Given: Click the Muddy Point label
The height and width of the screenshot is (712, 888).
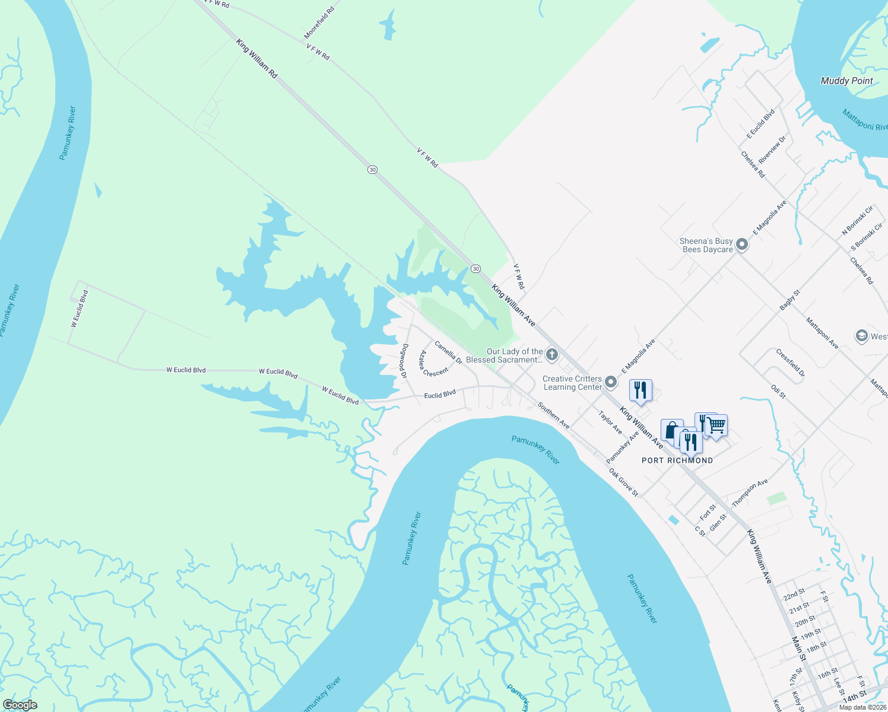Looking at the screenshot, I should tap(846, 81).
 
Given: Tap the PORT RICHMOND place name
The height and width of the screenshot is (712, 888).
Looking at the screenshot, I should tap(677, 460).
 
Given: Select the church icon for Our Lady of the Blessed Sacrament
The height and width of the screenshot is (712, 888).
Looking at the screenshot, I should tap(552, 355).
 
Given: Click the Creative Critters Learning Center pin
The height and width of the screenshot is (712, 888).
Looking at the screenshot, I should tap(611, 383).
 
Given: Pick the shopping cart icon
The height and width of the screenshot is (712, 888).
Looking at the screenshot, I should tap(717, 425).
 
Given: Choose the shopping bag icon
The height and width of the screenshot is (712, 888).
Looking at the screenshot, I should tap(671, 430).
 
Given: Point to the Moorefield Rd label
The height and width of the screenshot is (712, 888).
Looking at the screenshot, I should tap(319, 23).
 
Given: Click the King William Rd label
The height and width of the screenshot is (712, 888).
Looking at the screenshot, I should tap(257, 59).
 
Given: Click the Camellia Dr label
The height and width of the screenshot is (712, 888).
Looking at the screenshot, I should tap(448, 352).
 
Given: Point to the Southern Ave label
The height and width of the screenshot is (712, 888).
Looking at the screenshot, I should tap(554, 415).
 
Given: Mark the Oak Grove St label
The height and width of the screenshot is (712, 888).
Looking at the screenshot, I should tap(624, 482).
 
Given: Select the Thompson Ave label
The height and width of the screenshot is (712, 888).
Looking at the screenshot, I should tap(750, 493).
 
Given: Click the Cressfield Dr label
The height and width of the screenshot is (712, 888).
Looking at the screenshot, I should tap(790, 363).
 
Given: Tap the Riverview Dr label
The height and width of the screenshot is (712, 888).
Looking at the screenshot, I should tap(772, 150).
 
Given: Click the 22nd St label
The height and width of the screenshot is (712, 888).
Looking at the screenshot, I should tap(794, 595).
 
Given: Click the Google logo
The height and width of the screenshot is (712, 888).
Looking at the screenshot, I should tap(20, 705).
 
